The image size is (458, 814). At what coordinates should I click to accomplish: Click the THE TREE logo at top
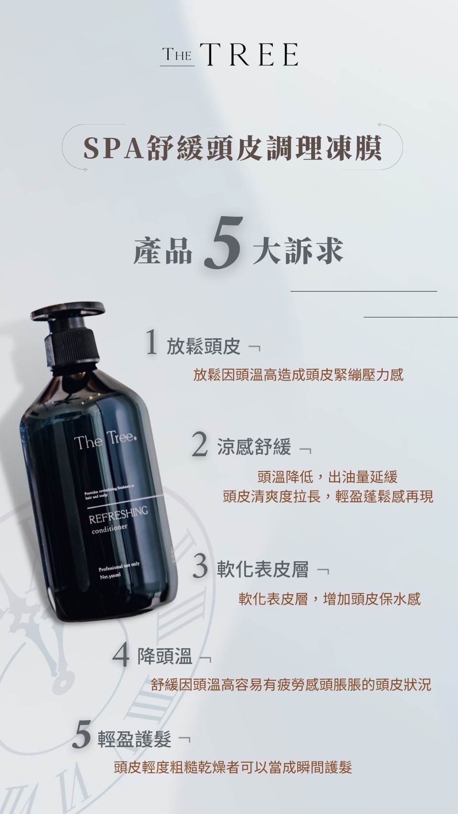pyautogui.click(x=229, y=54)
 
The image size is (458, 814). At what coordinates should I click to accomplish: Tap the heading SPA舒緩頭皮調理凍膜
pyautogui.click(x=232, y=147)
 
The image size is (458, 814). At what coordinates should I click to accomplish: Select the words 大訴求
pyautogui.click(x=298, y=250)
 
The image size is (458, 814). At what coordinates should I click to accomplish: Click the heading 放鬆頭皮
pyautogui.click(x=203, y=347)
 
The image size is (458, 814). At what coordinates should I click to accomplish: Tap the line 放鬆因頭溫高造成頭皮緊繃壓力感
pyautogui.click(x=298, y=375)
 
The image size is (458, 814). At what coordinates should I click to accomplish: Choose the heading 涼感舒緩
pyautogui.click(x=254, y=447)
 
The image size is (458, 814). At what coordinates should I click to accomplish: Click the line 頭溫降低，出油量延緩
pyautogui.click(x=327, y=476)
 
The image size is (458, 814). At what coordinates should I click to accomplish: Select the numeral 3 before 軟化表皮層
pyautogui.click(x=201, y=567)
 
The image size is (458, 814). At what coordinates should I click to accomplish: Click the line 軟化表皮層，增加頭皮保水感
pyautogui.click(x=330, y=599)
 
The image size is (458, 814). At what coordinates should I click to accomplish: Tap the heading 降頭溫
pyautogui.click(x=165, y=657)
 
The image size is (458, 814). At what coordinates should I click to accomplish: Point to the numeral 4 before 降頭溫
pyautogui.click(x=121, y=655)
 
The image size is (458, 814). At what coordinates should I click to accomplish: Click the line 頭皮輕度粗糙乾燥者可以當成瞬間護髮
pyautogui.click(x=233, y=768)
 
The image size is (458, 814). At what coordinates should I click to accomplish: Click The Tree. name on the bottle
pyautogui.click(x=106, y=441)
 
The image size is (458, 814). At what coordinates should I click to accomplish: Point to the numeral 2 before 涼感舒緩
pyautogui.click(x=200, y=444)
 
